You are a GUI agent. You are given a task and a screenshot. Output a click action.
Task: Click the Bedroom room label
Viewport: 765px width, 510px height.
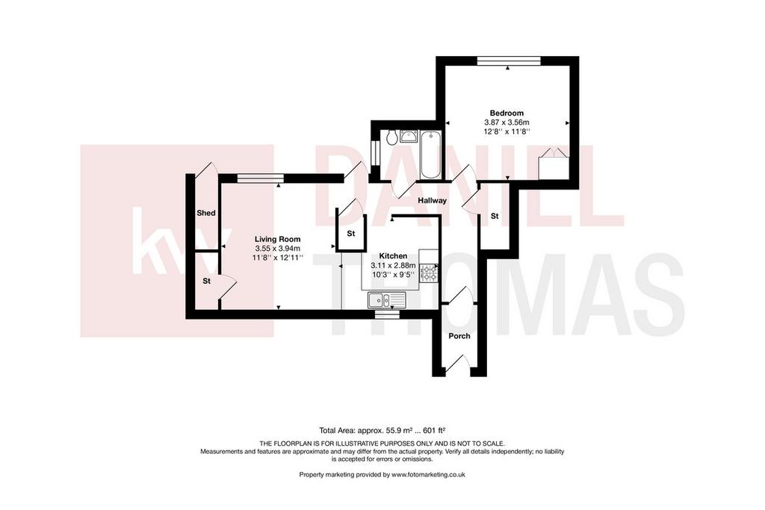coord(507,113)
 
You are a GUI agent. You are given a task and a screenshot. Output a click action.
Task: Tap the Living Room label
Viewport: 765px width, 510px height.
coord(278,240)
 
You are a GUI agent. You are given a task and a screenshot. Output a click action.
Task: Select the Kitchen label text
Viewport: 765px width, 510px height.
coord(393,256)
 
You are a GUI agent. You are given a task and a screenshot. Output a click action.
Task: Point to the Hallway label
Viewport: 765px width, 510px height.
coord(433,200)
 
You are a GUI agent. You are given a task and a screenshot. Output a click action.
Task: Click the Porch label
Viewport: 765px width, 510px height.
coord(459,336)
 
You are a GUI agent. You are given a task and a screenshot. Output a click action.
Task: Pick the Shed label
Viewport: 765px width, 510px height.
coord(206,213)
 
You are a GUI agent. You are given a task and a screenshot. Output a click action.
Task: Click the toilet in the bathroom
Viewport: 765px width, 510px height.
coord(391,137)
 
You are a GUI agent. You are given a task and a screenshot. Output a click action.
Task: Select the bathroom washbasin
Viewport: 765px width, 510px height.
coord(409,136)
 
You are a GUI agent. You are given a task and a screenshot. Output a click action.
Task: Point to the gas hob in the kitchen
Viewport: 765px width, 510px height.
coord(429,273)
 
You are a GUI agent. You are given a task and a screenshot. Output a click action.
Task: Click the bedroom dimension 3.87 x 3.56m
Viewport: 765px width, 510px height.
coord(507,122)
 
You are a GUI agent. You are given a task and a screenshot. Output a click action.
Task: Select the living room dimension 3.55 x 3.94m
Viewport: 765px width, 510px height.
coord(278,248)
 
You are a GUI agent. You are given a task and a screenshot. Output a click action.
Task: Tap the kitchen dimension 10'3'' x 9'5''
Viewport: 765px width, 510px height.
coord(393,275)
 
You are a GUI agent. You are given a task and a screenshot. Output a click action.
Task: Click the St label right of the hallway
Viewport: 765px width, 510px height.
coord(495,216)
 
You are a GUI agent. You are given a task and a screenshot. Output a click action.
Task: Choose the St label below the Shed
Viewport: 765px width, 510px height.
coord(206,282)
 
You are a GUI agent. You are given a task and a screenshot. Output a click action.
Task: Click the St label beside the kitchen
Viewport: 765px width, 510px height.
coord(351,234)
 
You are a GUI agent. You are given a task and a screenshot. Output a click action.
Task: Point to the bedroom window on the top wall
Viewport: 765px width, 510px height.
coord(509,60)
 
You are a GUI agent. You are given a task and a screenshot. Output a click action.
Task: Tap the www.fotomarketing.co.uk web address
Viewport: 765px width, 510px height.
coord(428,474)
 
